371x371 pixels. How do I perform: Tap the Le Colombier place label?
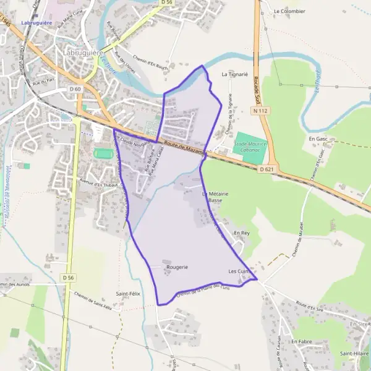(289, 11)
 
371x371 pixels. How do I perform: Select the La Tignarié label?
(234, 74)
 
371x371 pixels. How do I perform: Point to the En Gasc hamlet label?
(318, 140)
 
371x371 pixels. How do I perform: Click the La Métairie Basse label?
(215, 197)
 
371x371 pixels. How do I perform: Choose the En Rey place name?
(241, 232)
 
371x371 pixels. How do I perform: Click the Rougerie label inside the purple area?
(176, 267)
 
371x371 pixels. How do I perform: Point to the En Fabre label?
(302, 341)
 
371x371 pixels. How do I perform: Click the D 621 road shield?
(266, 169)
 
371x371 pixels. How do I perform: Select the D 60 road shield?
(75, 89)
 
